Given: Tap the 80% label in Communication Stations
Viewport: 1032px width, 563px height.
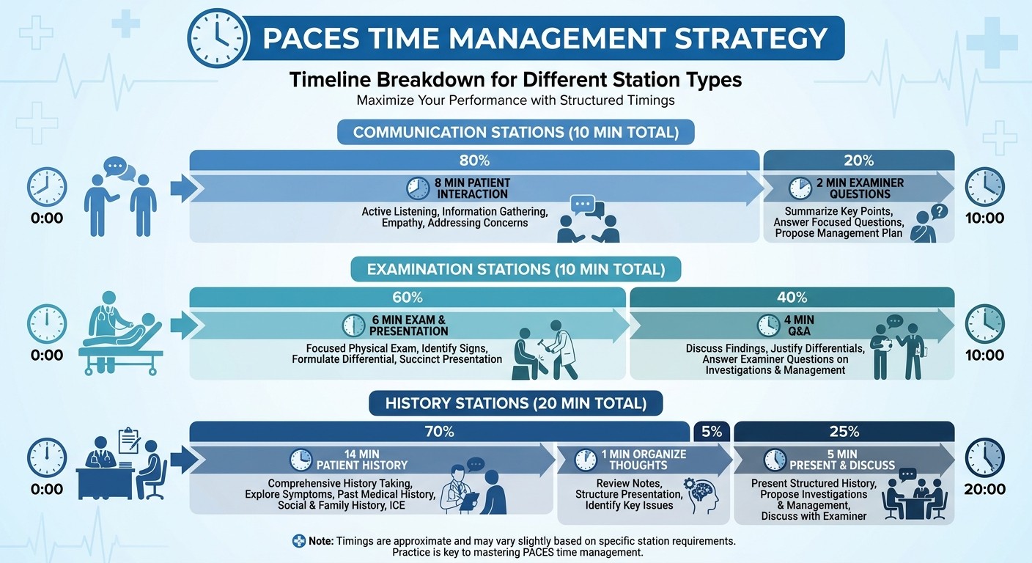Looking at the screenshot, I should click(x=474, y=160).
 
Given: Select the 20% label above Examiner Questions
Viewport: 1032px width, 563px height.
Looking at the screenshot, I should click(x=858, y=160).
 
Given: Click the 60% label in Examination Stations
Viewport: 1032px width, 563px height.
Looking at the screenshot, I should click(x=408, y=297).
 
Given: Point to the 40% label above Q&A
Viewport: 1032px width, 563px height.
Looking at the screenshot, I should click(x=792, y=297).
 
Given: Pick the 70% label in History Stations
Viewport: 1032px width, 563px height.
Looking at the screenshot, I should click(x=440, y=432).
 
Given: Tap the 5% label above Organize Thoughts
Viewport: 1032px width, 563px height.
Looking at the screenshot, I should click(x=711, y=432).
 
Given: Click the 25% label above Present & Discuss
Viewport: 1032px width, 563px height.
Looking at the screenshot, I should click(x=844, y=432).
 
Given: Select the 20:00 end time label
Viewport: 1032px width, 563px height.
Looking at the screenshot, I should click(x=985, y=489).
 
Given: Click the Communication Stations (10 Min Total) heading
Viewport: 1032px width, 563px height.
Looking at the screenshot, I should click(x=515, y=133).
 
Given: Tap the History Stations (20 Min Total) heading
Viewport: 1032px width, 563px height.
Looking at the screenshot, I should click(x=515, y=403).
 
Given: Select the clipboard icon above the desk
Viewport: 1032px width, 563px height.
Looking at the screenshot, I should click(x=129, y=439).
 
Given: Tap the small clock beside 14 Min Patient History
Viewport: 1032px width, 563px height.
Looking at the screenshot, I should click(x=301, y=460).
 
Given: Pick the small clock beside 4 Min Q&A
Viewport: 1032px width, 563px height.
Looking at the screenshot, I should click(x=768, y=325).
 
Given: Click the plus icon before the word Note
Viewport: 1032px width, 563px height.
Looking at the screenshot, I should click(x=298, y=541).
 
